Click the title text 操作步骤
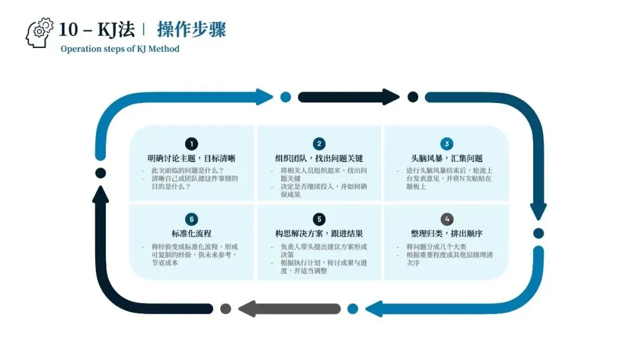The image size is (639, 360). click(191, 30)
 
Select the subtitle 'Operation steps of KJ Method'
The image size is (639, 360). click(120, 49)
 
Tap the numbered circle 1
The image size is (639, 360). click(191, 144)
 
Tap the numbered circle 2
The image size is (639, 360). click(319, 144)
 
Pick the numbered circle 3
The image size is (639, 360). click(447, 144)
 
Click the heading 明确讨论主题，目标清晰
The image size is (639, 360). click(191, 159)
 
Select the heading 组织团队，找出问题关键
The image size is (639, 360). click(319, 159)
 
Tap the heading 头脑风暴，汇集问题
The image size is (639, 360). click(447, 159)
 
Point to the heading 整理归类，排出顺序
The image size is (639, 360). click(447, 234)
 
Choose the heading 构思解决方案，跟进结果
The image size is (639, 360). click(319, 234)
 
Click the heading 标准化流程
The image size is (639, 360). click(191, 234)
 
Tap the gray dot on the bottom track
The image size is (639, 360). click(225, 308)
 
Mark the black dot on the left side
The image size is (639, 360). click(101, 173)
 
